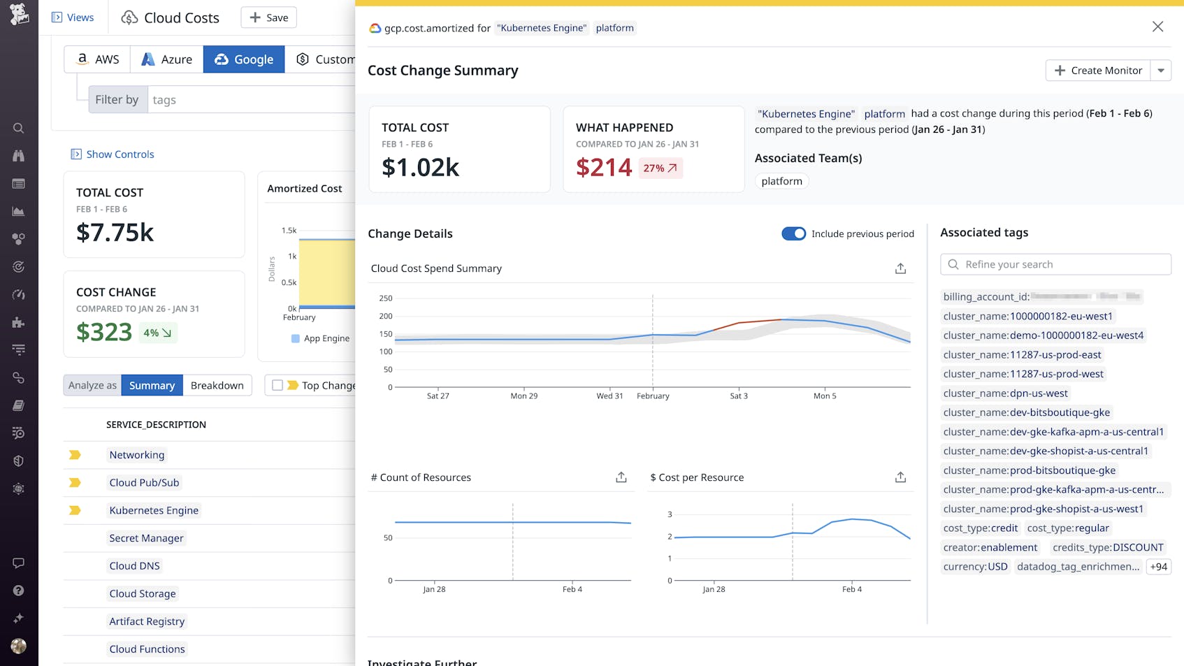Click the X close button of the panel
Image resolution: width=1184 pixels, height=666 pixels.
[1157, 27]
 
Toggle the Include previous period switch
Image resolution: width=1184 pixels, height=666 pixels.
[793, 233]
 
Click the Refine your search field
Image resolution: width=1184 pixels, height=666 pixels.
[1055, 264]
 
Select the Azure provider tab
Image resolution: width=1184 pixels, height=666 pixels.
[166, 59]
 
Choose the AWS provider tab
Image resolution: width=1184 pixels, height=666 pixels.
[97, 59]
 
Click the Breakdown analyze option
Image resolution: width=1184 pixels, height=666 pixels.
[217, 385]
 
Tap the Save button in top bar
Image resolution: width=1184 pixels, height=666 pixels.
[268, 17]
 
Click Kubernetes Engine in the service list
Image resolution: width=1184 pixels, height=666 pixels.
[154, 510]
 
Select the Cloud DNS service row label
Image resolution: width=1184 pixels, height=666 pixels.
[134, 565]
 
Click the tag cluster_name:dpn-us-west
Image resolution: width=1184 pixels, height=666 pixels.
[1005, 393]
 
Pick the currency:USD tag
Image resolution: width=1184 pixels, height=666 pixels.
[975, 567]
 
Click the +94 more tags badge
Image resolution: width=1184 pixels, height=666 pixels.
[1158, 567]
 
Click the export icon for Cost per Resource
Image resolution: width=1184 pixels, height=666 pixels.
[900, 477]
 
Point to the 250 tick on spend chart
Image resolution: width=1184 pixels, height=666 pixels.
[386, 298]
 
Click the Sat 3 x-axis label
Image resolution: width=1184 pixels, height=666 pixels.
[739, 396]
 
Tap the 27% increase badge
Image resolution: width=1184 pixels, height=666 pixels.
[660, 168]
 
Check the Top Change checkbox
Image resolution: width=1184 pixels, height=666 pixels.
[277, 385]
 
